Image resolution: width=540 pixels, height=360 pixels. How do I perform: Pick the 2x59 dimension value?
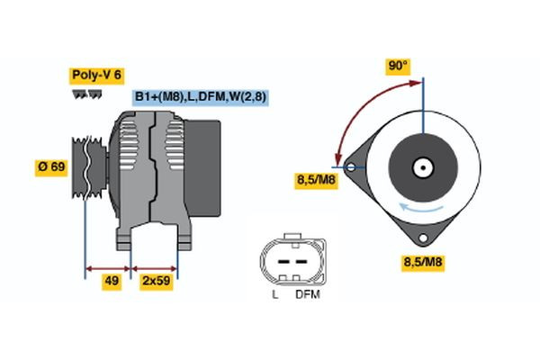[155, 281]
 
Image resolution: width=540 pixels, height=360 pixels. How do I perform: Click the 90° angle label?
[398, 66]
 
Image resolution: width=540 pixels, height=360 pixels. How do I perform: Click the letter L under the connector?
[274, 294]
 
